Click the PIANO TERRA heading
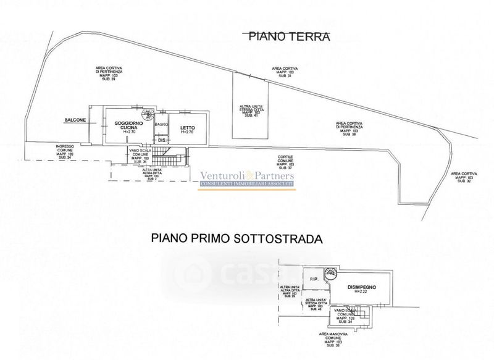tap(289, 36)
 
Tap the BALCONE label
tap(73, 120)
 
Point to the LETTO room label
tap(188, 128)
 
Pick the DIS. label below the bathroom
tap(162, 141)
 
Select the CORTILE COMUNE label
tap(285, 161)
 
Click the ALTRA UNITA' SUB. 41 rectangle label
tap(250, 111)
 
